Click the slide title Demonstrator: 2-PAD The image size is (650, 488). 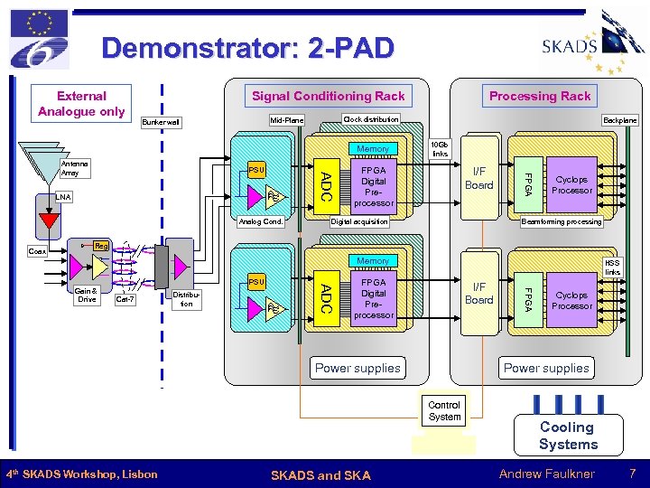click(x=248, y=47)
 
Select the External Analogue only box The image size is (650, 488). click(x=81, y=103)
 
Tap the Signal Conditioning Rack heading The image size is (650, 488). click(x=328, y=96)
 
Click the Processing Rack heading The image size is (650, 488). click(x=540, y=96)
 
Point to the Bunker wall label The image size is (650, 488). click(x=162, y=122)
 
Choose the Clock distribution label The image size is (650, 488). click(x=371, y=119)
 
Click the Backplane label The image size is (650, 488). click(x=619, y=120)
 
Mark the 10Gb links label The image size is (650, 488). click(x=440, y=148)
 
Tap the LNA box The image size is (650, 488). click(x=62, y=196)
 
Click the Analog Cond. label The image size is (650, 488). click(x=261, y=221)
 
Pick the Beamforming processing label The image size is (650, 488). click(x=561, y=221)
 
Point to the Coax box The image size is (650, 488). click(x=38, y=251)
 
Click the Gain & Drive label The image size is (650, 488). click(x=87, y=295)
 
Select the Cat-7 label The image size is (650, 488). click(x=125, y=299)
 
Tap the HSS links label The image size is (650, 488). click(x=612, y=267)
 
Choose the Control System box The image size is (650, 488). click(x=444, y=411)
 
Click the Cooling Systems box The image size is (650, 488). click(x=568, y=436)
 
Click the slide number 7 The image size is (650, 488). click(x=632, y=474)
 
